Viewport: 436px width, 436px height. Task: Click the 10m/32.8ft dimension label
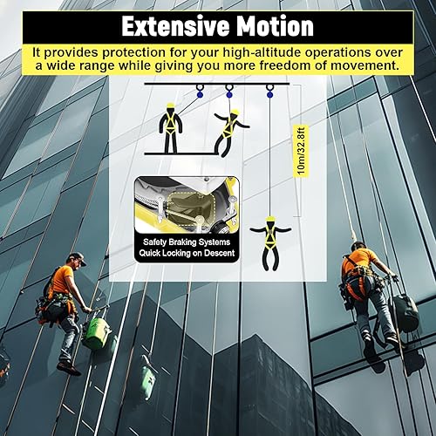[x=301, y=151]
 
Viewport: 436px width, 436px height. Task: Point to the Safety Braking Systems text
[x=187, y=242]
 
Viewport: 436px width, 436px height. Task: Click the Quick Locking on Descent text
[x=187, y=253]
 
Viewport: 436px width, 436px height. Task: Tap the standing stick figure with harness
[x=171, y=128]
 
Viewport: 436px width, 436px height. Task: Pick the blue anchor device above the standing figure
[x=199, y=94]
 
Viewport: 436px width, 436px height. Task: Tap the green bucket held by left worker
[x=97, y=333]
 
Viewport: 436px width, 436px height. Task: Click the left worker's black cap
[x=77, y=258]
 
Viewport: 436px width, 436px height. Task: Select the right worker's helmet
[x=359, y=245]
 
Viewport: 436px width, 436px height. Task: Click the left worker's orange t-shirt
[x=62, y=279]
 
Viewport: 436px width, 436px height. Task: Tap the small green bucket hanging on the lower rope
[x=149, y=378]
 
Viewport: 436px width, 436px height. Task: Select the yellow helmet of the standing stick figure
[x=171, y=105]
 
